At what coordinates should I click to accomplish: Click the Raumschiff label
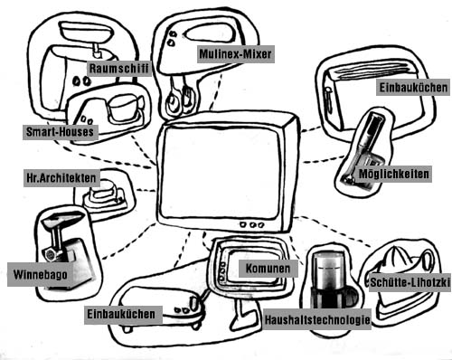pyautogui.click(x=119, y=68)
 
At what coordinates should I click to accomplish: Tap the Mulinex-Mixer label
pyautogui.click(x=235, y=54)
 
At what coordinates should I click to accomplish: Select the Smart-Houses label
pyautogui.click(x=61, y=132)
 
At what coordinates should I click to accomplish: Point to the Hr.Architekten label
pyautogui.click(x=61, y=178)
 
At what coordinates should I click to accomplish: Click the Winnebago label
pyautogui.click(x=41, y=274)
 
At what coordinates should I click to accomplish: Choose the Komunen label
pyautogui.click(x=268, y=269)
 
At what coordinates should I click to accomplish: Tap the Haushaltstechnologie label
pyautogui.click(x=317, y=319)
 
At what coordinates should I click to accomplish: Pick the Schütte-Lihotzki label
pyautogui.click(x=410, y=282)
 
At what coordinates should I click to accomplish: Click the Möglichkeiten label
pyautogui.click(x=393, y=174)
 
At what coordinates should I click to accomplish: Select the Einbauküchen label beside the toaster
pyautogui.click(x=413, y=88)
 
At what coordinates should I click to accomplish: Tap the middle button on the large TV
pyautogui.click(x=253, y=224)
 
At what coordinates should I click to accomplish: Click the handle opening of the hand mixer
pyautogui.click(x=206, y=33)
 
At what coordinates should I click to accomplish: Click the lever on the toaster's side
pyautogui.click(x=328, y=96)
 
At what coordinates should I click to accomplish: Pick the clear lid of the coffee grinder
pyautogui.click(x=328, y=270)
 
